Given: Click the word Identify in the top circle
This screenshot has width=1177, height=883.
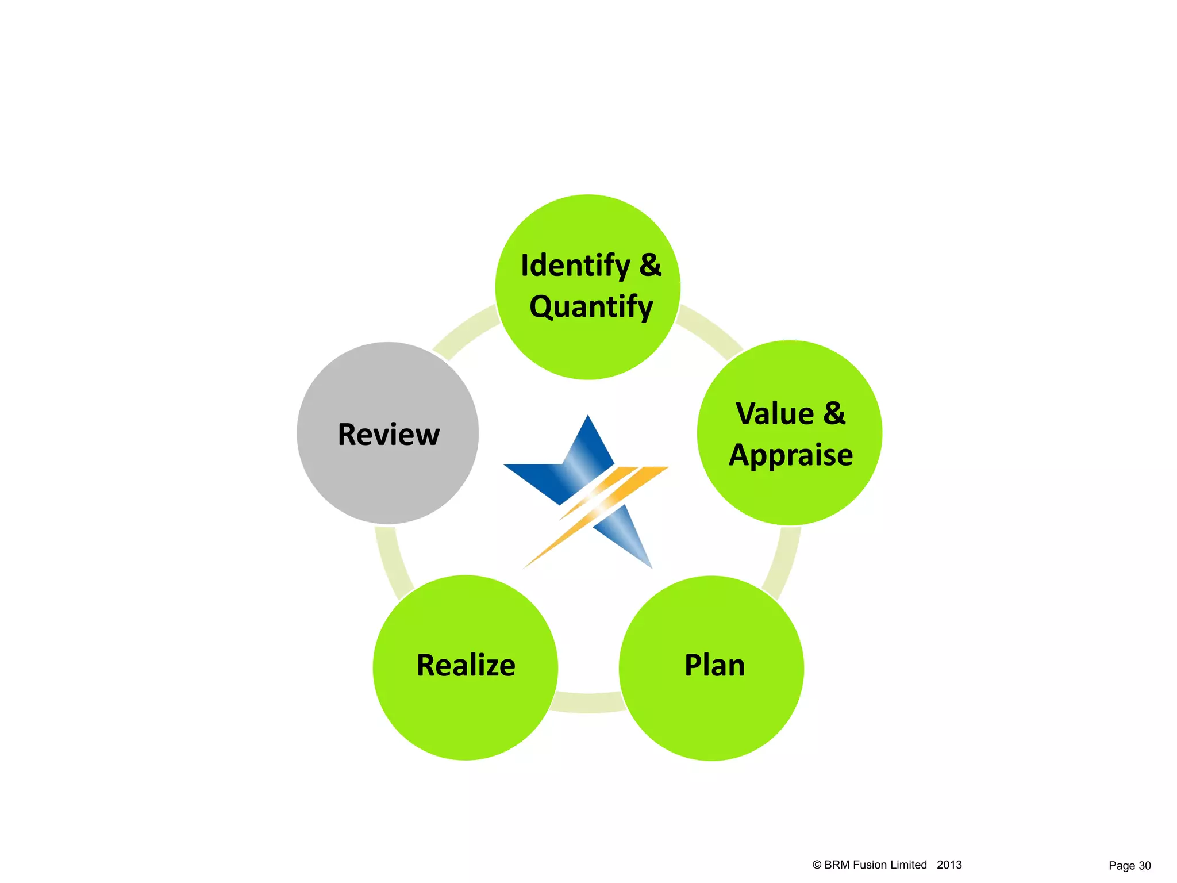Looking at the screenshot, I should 575,266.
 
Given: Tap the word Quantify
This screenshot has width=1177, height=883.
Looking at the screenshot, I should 591,307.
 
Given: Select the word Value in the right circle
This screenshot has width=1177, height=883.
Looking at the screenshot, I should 775,414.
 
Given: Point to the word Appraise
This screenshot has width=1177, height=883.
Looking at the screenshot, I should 791,455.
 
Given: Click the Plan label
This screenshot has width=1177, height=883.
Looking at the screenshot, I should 714,666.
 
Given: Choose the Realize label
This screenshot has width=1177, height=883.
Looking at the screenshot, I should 466,666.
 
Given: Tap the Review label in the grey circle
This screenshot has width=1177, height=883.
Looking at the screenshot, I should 389,435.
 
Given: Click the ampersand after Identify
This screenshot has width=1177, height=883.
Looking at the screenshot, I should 650,265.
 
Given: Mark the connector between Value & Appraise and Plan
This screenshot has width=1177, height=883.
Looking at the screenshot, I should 782,563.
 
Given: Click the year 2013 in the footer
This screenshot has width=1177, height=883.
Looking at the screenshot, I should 949,865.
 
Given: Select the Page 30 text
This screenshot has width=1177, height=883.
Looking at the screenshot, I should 1129,866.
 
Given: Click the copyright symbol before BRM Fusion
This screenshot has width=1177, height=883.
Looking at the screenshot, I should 817,865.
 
